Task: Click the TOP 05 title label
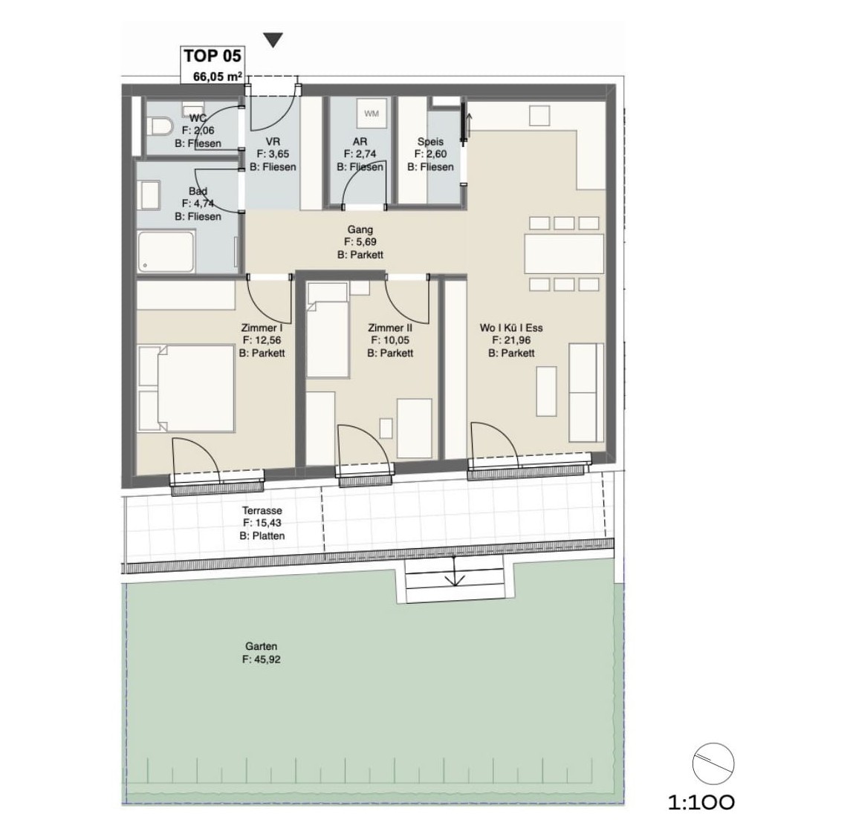point(213,56)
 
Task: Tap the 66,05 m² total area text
point(218,76)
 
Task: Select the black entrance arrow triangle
point(273,40)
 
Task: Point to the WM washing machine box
point(372,114)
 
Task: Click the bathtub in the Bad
point(166,252)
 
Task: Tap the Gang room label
point(360,229)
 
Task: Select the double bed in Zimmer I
point(187,388)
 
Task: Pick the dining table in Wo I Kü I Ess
point(565,254)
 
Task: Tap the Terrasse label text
point(262,511)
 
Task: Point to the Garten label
point(261,647)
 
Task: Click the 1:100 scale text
point(701,802)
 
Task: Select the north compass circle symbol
point(713,763)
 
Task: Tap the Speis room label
point(430,142)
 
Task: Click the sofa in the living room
point(586,392)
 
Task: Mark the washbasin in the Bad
point(150,195)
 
